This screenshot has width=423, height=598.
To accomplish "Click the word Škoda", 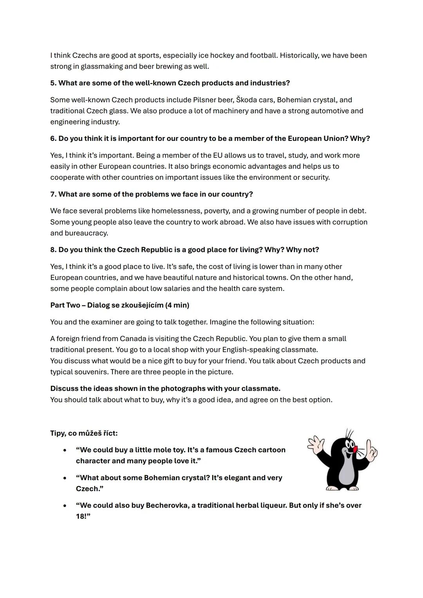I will (246, 100).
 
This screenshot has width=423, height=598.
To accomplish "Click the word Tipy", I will (58, 433).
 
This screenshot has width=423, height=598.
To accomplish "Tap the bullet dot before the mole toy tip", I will (65, 450).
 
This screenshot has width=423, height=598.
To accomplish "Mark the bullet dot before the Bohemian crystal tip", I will (65, 478).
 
